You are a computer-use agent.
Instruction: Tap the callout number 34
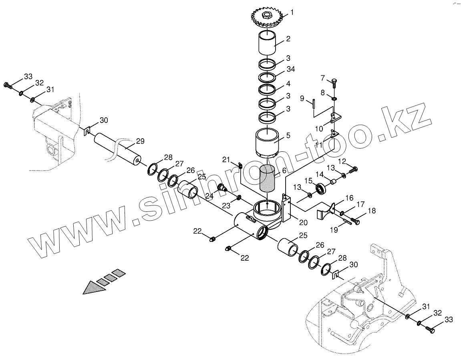click(290, 69)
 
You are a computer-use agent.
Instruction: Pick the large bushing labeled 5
click(267, 143)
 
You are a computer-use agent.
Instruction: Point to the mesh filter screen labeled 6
click(267, 179)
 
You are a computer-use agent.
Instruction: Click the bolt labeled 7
click(333, 83)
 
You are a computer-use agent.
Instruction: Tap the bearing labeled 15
click(320, 188)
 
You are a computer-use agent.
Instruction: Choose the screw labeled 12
click(353, 170)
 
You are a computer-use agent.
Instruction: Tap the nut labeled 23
click(239, 197)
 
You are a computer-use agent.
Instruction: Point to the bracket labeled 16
click(325, 211)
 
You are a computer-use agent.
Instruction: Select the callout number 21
click(226, 160)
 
